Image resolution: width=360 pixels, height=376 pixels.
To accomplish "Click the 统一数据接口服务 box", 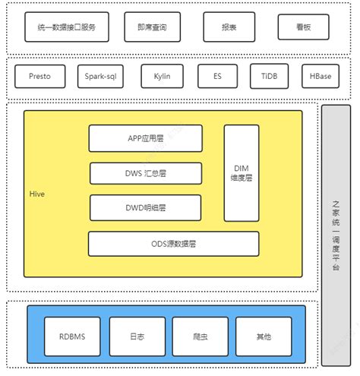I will tap(67, 27).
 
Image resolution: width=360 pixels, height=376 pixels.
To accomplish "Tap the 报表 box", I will tap(229, 27).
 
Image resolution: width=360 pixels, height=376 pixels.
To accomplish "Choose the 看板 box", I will tap(303, 27).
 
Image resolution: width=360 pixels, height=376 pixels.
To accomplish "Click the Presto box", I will tap(40, 77).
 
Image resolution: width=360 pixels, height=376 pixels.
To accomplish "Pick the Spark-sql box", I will tap(102, 77).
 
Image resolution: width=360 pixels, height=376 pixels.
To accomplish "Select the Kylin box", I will tap(162, 77).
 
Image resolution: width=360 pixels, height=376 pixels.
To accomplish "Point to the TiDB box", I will tap(269, 77).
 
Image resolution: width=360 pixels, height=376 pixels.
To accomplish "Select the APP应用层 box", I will tap(146, 138).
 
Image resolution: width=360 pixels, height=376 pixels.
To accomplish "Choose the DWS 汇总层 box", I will tap(146, 173).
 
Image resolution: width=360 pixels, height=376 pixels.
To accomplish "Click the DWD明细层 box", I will tap(146, 207).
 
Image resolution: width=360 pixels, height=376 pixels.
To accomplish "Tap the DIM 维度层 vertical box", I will tap(242, 172).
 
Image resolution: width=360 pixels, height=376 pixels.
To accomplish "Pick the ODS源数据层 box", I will tap(173, 244).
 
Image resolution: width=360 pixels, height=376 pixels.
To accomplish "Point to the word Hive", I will tap(37, 194).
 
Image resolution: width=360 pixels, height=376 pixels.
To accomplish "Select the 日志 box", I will tap(137, 335).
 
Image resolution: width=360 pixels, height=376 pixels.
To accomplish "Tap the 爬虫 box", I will tap(200, 335).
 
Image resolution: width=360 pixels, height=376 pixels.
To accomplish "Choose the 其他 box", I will tap(263, 335).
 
